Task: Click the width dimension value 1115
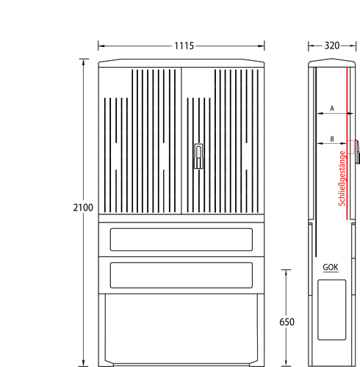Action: [x=184, y=46]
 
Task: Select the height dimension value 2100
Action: [x=83, y=208]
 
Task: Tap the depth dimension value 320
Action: [x=332, y=46]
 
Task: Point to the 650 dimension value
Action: [x=287, y=322]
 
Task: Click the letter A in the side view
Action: [x=332, y=108]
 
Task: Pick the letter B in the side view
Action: [x=332, y=139]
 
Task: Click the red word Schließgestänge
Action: [x=342, y=178]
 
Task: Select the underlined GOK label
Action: [x=331, y=267]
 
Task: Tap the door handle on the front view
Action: [x=198, y=156]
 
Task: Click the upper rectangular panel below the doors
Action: [x=181, y=239]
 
